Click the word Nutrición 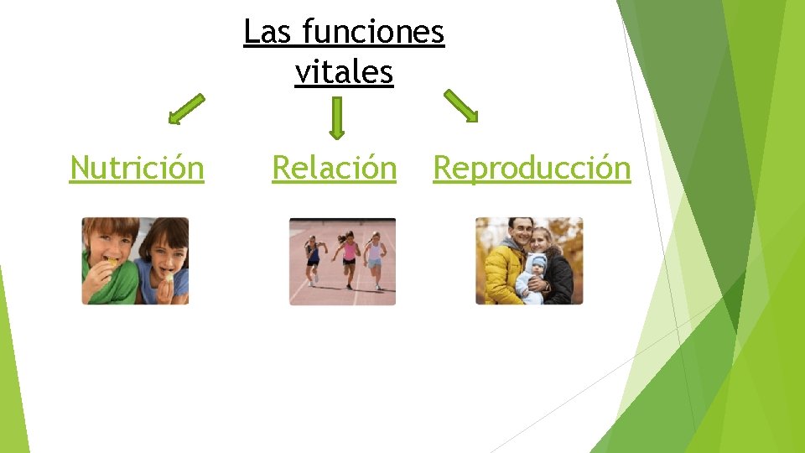pyautogui.click(x=137, y=168)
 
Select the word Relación pyautogui.click(x=334, y=168)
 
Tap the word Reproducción pyautogui.click(x=531, y=169)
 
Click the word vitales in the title pyautogui.click(x=344, y=72)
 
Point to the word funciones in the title pyautogui.click(x=373, y=33)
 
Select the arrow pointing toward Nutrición pyautogui.click(x=186, y=109)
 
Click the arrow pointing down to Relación pyautogui.click(x=336, y=117)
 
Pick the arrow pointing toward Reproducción pyautogui.click(x=460, y=106)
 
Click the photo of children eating pyautogui.click(x=135, y=261)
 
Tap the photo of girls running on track pyautogui.click(x=342, y=261)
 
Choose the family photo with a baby pyautogui.click(x=528, y=261)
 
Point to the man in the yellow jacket pyautogui.click(x=506, y=268)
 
